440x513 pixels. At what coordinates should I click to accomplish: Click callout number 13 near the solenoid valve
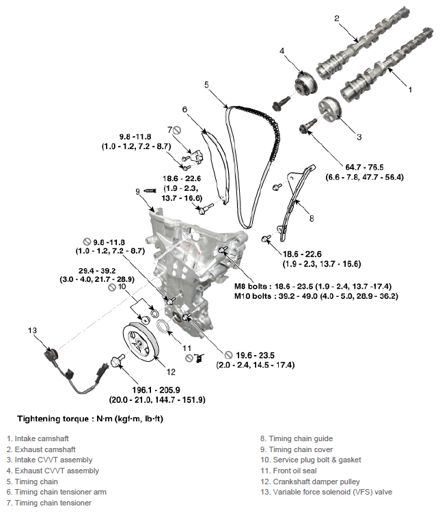tap(31, 330)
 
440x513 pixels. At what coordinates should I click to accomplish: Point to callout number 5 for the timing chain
tap(206, 84)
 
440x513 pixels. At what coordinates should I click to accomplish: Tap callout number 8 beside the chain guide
tap(311, 218)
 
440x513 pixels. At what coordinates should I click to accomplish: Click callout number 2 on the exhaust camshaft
tap(336, 18)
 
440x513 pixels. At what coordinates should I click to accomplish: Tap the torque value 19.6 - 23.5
tap(256, 355)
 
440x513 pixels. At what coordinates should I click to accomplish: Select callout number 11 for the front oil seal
tap(187, 347)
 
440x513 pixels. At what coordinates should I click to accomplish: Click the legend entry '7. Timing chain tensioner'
tap(49, 503)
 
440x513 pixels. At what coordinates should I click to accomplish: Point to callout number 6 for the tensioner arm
tap(184, 109)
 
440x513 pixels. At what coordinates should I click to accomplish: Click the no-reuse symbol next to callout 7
tap(176, 130)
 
